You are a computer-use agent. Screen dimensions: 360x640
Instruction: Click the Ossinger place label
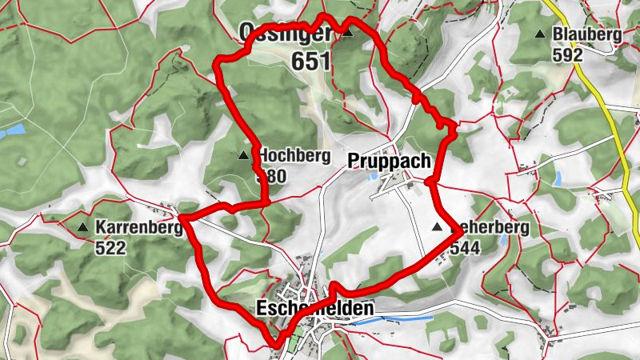[285, 32]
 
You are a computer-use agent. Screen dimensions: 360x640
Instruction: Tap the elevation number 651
[312, 61]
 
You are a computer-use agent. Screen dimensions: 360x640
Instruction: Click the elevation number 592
[568, 55]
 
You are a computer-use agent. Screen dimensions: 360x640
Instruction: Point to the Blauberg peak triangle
[540, 34]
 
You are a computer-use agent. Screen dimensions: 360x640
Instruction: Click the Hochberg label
[293, 156]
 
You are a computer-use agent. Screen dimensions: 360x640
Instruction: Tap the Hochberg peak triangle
[243, 154]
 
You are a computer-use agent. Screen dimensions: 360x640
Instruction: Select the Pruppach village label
[390, 161]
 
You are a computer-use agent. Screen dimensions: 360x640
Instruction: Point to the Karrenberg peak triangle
[82, 228]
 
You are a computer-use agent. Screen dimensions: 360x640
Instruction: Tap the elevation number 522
[110, 249]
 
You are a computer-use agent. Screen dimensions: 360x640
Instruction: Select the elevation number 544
[465, 249]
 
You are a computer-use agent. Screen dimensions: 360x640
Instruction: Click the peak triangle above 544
[437, 228]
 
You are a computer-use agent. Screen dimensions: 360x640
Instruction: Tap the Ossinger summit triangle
[348, 33]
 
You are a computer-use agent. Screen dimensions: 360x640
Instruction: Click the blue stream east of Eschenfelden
[392, 319]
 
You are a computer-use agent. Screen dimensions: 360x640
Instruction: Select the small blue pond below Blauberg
[558, 178]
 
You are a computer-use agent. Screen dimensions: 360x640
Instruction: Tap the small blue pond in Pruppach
[374, 176]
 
